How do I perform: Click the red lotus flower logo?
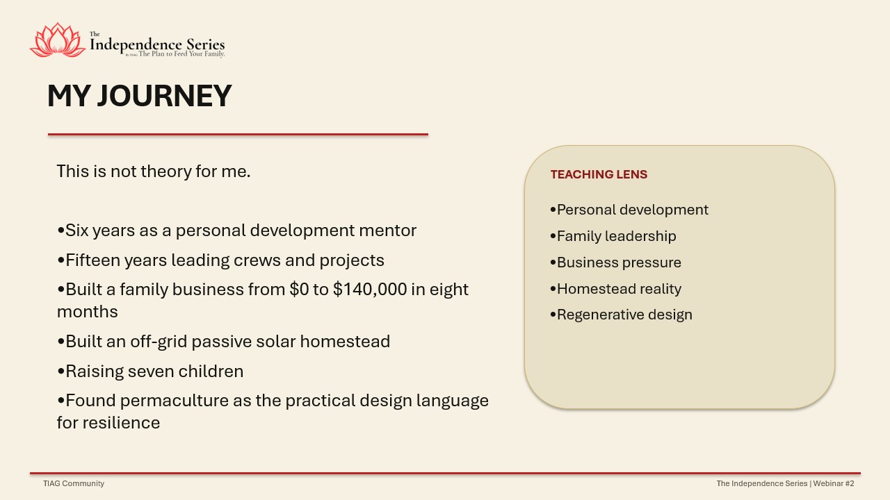coord(58,40)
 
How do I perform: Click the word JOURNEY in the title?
coord(165,96)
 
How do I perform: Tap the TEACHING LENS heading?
coord(599,174)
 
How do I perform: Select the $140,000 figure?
coord(370,290)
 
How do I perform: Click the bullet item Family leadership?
coord(613,236)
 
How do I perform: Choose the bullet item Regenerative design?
coord(621,315)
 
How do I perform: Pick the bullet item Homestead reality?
coord(615,289)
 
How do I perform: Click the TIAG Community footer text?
coord(74,483)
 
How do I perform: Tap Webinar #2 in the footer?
coord(834,483)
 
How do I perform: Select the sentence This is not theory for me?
coord(154,172)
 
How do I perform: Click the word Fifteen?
coord(92,260)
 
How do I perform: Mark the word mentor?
coord(388,231)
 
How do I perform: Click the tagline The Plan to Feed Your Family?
coord(181,53)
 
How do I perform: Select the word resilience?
coord(121,423)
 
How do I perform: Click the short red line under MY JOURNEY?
coord(238,135)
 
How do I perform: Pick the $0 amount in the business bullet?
coord(299,290)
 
